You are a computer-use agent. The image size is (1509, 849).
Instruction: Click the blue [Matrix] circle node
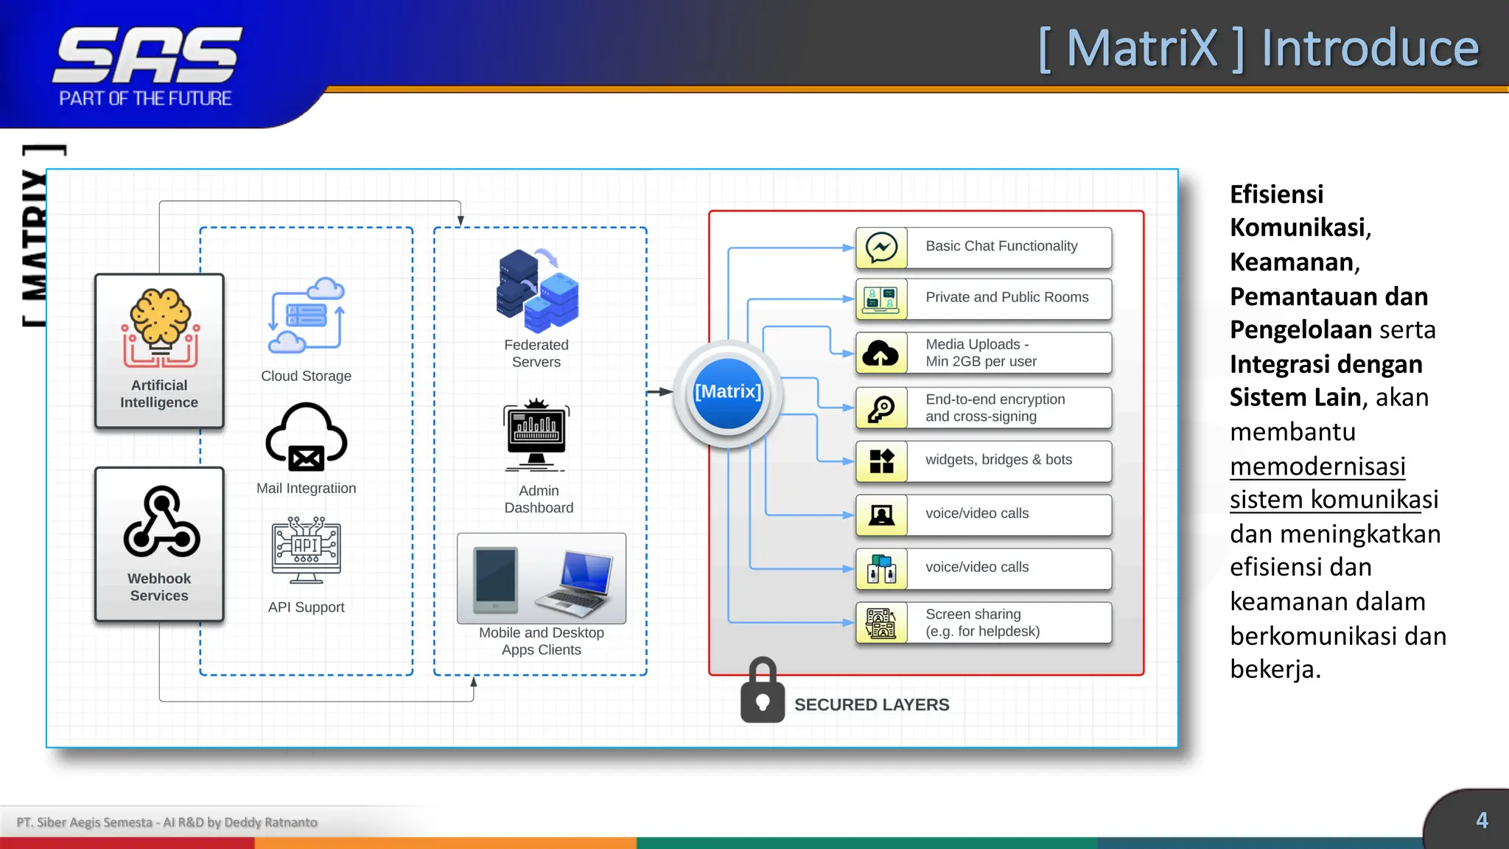[x=728, y=393]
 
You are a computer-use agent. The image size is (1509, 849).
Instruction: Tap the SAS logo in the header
[x=147, y=56]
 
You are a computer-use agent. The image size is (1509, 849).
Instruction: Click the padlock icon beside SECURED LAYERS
[x=763, y=691]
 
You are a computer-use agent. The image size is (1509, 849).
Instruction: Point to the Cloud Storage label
[x=306, y=376]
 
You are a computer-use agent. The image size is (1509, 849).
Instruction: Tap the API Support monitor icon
[x=306, y=550]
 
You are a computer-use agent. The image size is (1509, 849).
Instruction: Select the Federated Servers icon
[x=538, y=291]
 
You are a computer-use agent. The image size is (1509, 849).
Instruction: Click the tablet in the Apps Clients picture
[x=495, y=581]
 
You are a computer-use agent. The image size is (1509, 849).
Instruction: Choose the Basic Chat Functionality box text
[x=1001, y=246]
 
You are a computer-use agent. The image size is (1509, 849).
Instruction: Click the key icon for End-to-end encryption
[x=881, y=408]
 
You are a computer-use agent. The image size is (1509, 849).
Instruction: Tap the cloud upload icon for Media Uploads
[x=881, y=354]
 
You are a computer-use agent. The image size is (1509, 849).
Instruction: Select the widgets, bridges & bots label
[x=998, y=460]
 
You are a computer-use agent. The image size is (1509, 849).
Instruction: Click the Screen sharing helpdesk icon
[x=881, y=623]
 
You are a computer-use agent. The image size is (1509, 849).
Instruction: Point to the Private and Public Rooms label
[x=1006, y=297]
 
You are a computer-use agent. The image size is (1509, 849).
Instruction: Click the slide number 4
[x=1482, y=820]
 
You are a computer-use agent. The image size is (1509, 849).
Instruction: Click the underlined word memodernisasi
[x=1317, y=467]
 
